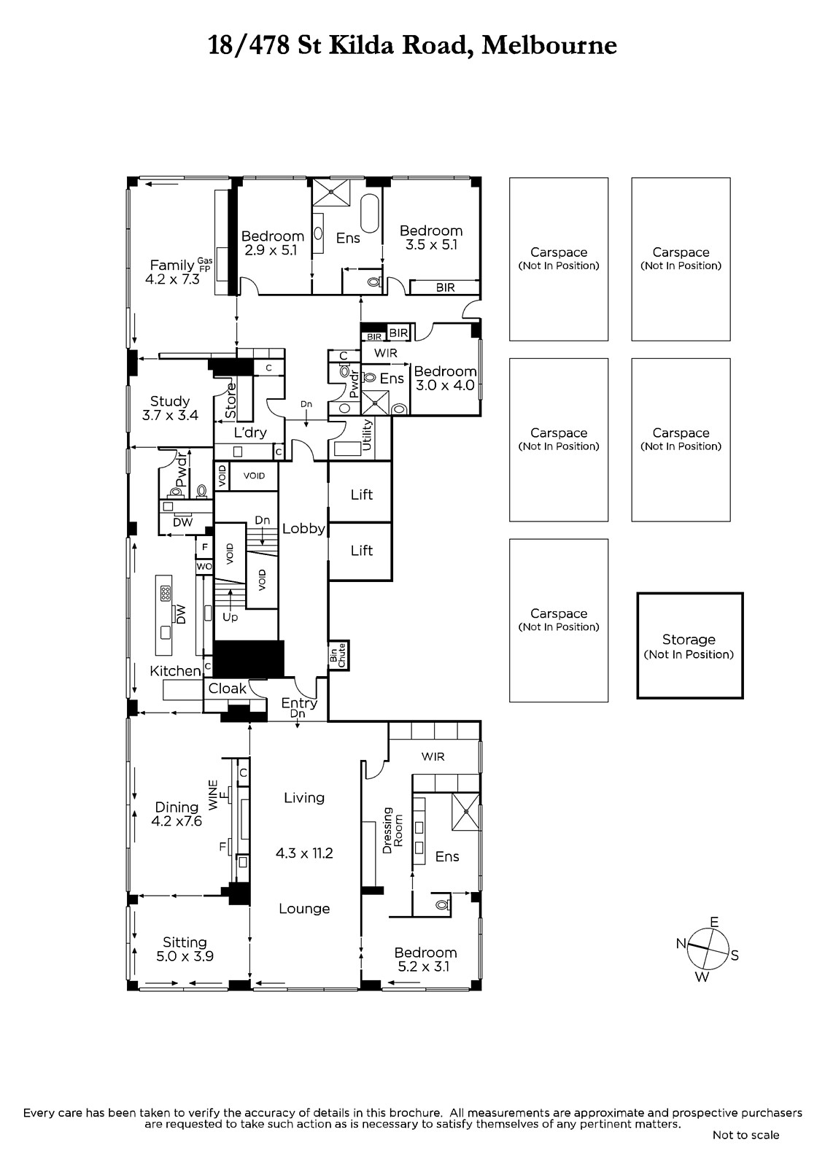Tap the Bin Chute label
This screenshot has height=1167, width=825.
(338, 655)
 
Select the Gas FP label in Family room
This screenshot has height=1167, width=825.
(205, 265)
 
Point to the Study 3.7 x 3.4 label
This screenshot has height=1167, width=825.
(170, 408)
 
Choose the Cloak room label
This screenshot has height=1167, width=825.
(228, 689)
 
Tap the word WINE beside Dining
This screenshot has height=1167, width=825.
(213, 794)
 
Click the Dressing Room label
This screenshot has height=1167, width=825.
(393, 831)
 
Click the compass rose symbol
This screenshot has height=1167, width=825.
(708, 948)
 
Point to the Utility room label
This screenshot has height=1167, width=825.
(366, 435)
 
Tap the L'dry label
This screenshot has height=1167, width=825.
(250, 433)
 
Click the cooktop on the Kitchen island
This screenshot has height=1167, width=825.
(165, 593)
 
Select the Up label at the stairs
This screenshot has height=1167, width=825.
(230, 617)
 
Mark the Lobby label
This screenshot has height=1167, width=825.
(304, 528)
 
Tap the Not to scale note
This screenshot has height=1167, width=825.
(745, 1135)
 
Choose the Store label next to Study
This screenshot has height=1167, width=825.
(231, 400)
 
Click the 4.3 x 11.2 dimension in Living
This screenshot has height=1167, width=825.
(304, 853)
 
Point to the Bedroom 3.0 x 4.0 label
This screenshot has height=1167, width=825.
(445, 379)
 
